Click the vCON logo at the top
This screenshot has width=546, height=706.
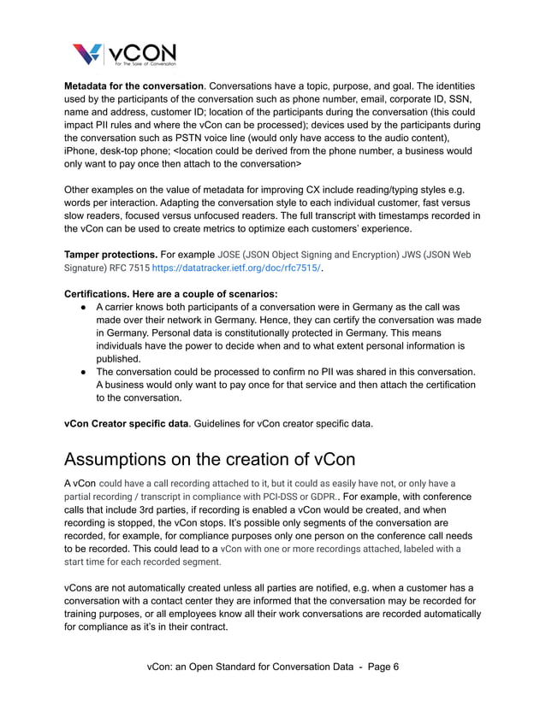click(125, 55)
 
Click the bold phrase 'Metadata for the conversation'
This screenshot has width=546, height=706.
click(134, 86)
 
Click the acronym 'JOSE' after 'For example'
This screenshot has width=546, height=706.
click(231, 255)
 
